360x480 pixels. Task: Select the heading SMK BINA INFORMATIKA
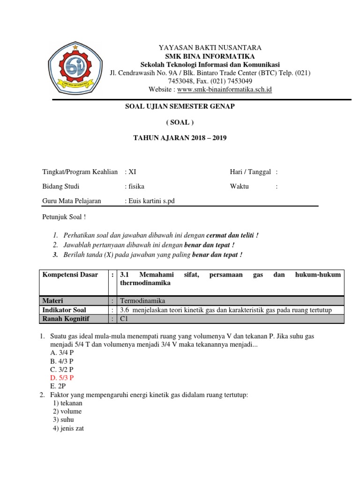(x=210, y=56)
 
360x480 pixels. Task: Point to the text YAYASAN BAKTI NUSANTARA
(x=210, y=48)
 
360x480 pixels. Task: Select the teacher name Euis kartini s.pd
(x=150, y=201)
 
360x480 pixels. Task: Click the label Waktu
(x=239, y=186)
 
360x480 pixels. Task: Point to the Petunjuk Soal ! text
(x=64, y=217)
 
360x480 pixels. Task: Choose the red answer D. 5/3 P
(x=62, y=377)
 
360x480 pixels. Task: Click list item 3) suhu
(x=63, y=420)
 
